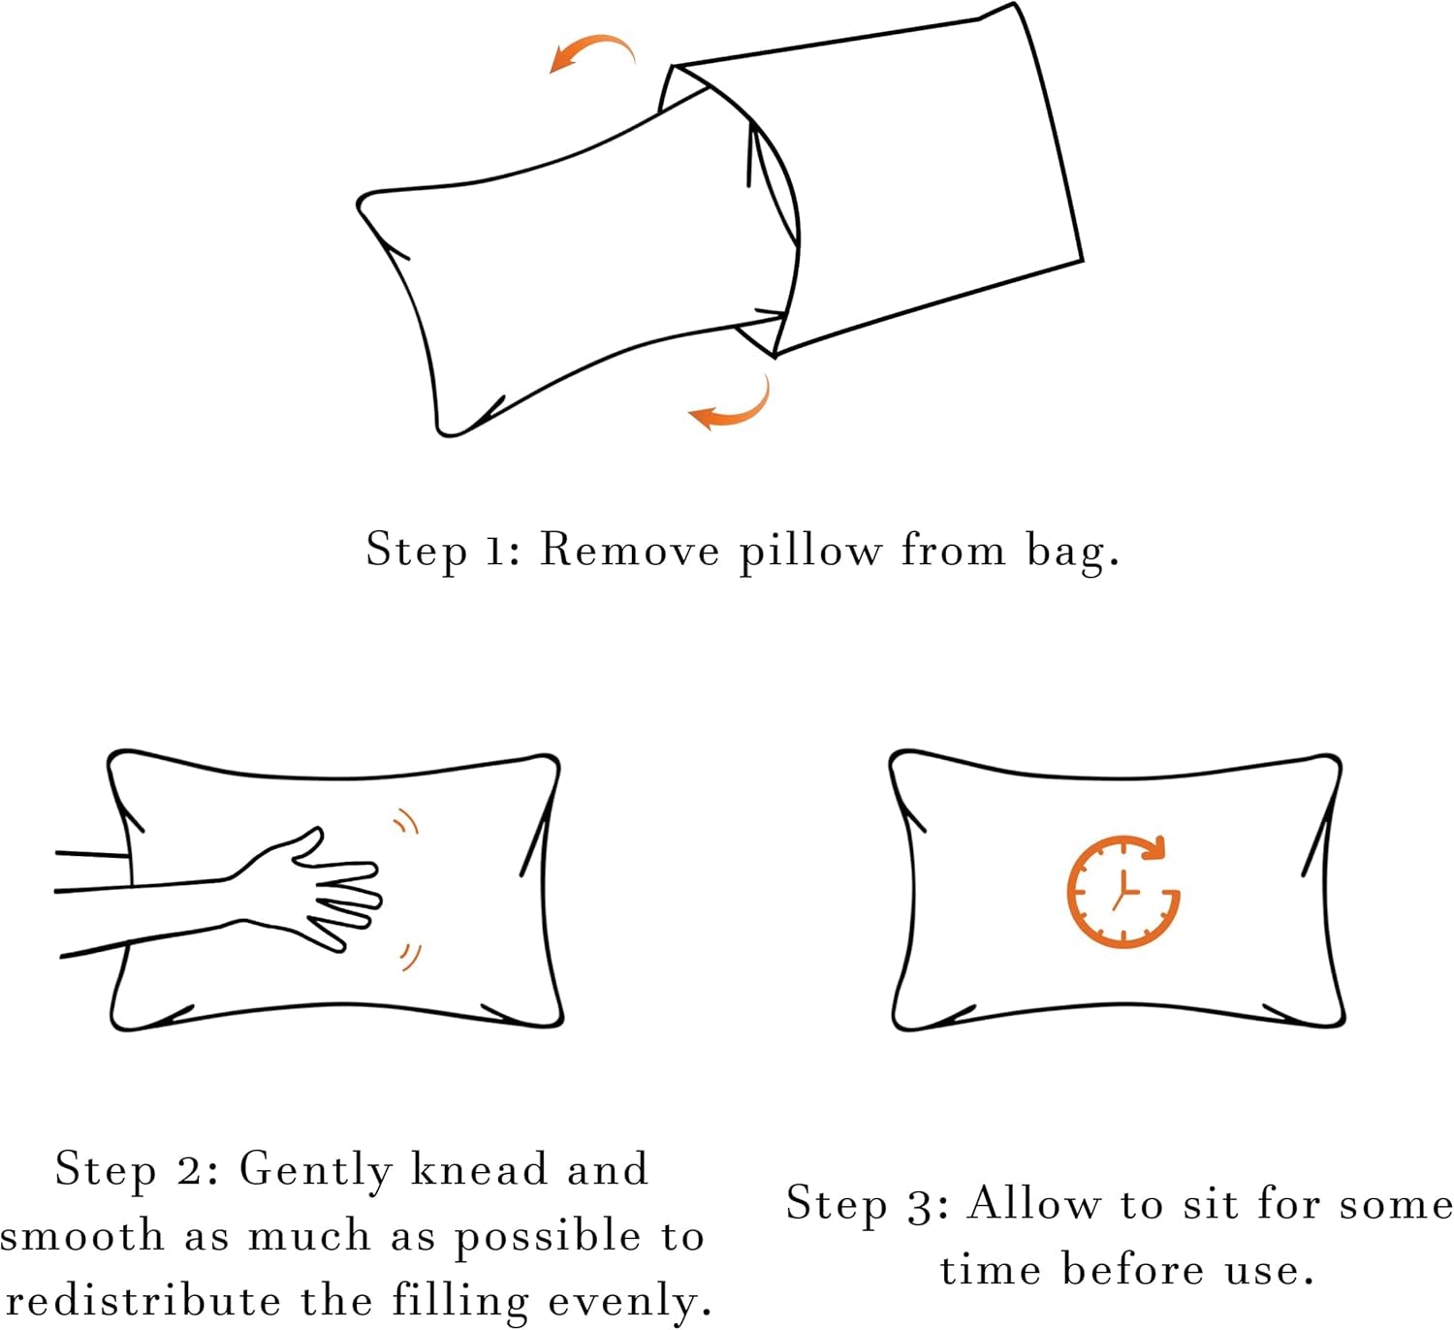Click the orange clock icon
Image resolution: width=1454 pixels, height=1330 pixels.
click(x=1122, y=891)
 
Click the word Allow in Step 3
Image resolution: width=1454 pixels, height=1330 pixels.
click(x=1034, y=1204)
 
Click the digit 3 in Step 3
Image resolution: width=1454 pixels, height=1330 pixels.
click(x=920, y=1206)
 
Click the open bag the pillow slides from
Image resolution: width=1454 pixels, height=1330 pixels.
click(x=921, y=184)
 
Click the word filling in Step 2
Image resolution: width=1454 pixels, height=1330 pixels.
click(x=460, y=1302)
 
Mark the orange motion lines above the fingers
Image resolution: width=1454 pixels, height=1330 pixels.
click(x=406, y=822)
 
